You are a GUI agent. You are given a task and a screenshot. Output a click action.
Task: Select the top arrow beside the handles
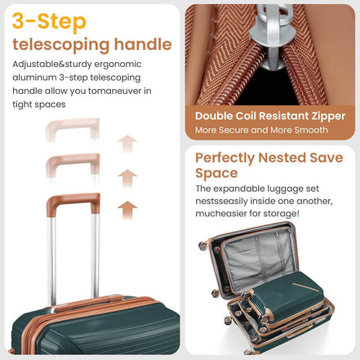[127, 143]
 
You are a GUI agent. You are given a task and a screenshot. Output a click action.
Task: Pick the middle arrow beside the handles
[127, 176]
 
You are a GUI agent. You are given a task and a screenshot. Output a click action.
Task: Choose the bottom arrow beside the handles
[127, 208]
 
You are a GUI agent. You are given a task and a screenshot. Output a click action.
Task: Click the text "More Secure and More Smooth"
[261, 130]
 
